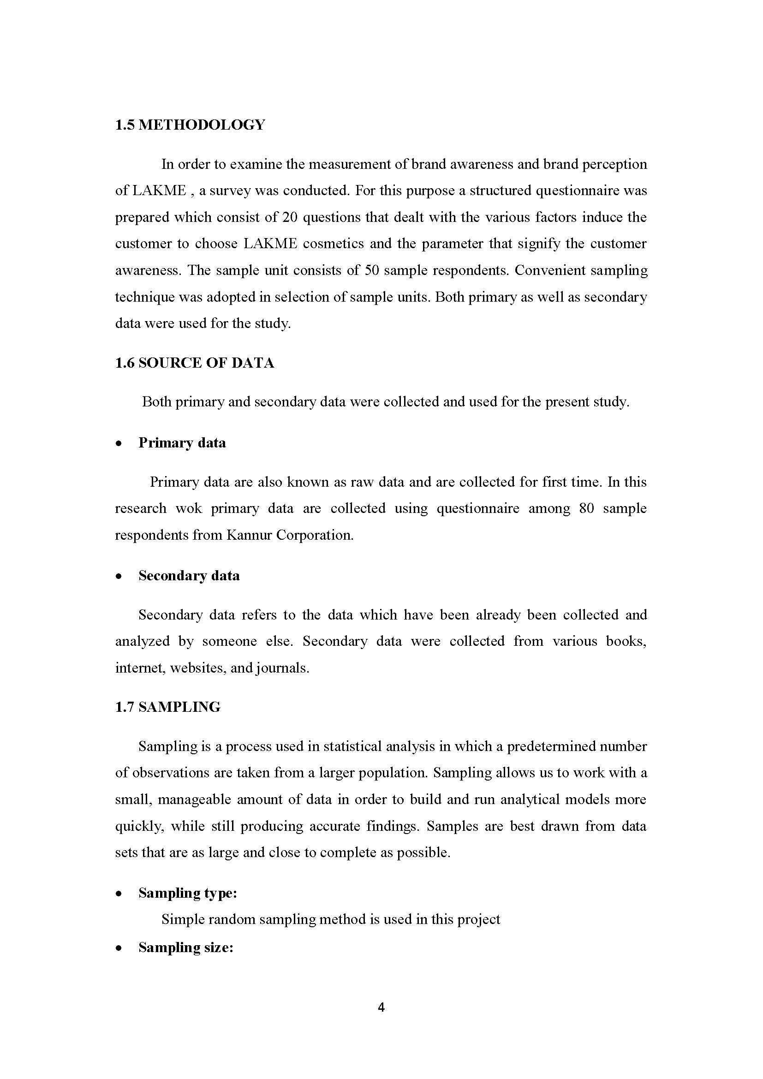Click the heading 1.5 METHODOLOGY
190,125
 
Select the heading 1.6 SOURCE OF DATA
195,363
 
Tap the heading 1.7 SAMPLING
168,707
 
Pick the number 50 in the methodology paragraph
372,271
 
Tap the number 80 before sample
586,508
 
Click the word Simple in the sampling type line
183,920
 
